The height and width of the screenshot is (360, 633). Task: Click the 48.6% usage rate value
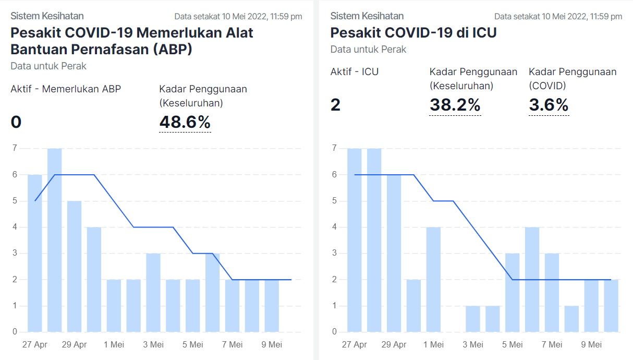[x=185, y=122]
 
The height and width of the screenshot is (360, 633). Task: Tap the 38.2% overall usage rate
[x=455, y=105]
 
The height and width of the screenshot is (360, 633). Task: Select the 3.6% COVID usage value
[x=549, y=105]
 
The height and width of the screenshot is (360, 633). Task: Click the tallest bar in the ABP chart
[x=55, y=240]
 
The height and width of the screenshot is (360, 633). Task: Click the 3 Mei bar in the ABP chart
[x=153, y=292]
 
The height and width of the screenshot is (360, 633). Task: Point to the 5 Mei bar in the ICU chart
[x=513, y=292]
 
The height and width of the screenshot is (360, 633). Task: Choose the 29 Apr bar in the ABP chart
[x=75, y=266]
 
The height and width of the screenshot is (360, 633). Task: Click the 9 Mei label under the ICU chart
[x=591, y=345]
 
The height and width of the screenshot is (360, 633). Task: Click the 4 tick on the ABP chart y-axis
[x=15, y=227]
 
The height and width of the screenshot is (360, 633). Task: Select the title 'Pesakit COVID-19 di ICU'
[x=413, y=32]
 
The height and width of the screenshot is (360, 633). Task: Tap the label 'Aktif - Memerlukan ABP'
[x=66, y=89]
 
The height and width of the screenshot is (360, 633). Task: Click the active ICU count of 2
[x=335, y=105]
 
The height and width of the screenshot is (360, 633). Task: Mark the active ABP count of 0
[x=16, y=122]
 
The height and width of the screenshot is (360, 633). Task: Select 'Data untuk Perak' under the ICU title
[x=368, y=50]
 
